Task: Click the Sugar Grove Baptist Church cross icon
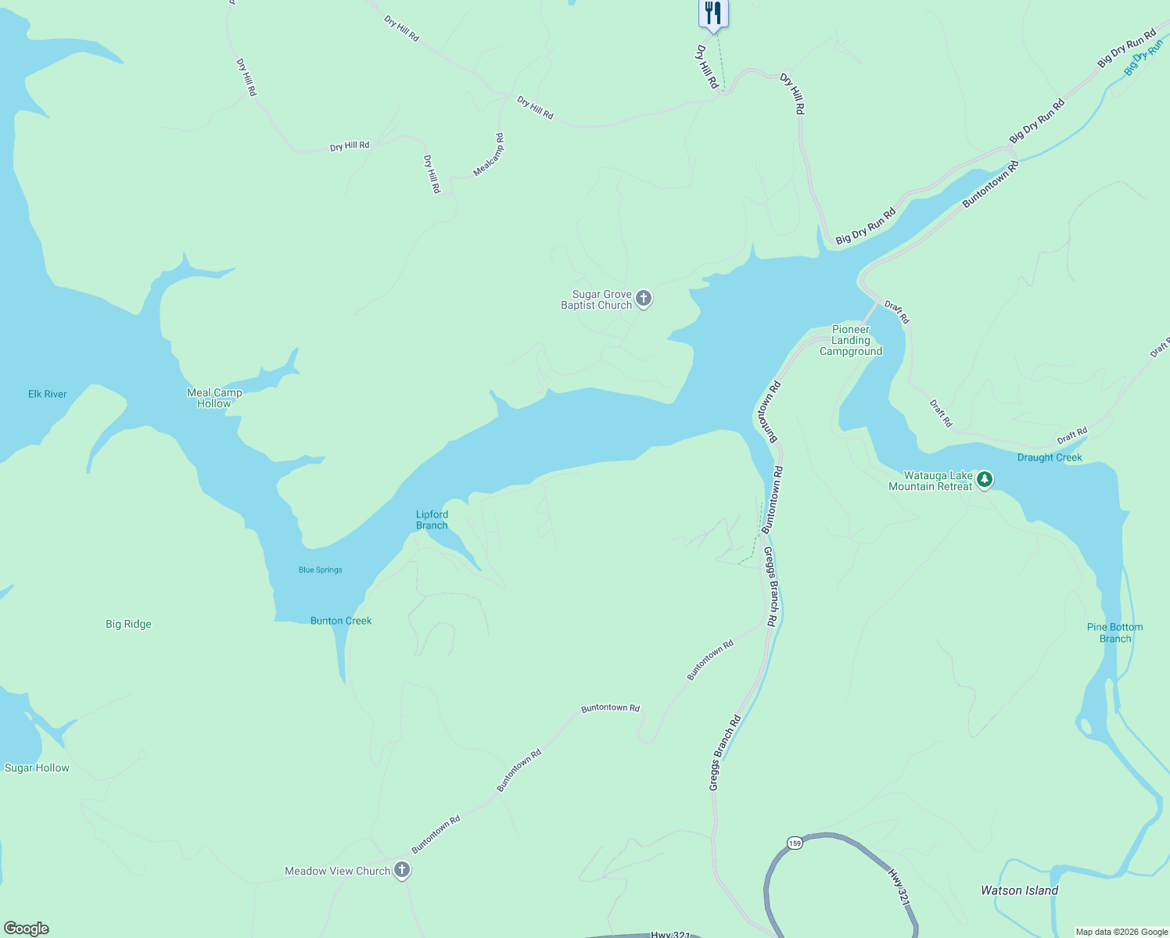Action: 644,298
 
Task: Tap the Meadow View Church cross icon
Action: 402,870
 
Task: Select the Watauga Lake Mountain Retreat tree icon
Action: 985,479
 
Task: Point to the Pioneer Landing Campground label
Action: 851,341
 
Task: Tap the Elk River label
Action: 48,394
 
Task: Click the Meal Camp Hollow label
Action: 214,399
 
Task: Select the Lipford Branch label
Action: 432,520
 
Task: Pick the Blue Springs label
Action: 321,570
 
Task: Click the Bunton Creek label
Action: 341,621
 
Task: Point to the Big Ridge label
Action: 128,624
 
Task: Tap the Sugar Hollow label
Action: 37,768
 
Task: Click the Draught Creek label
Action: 1050,457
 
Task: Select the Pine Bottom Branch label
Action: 1115,633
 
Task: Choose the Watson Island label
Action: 1019,890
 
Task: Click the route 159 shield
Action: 795,843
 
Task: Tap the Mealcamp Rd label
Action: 489,155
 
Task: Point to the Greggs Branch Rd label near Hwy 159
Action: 725,753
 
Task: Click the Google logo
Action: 27,929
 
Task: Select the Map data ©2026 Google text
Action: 1122,932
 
